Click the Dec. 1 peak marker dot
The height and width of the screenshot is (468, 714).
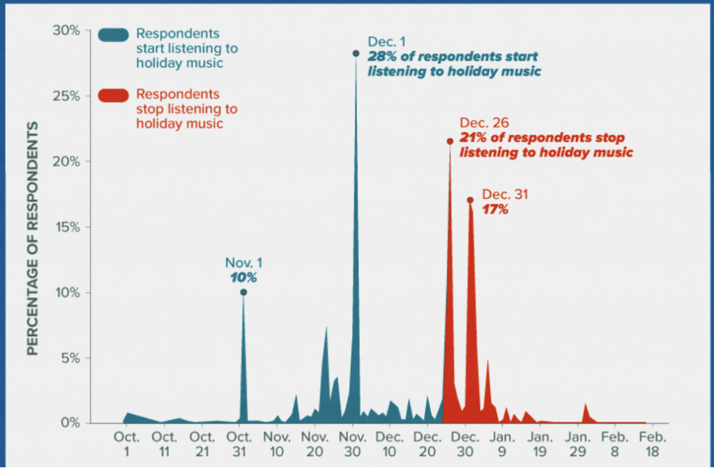click(356, 54)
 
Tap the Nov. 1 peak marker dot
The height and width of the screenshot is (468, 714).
click(243, 292)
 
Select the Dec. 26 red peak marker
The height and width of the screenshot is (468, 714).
click(450, 142)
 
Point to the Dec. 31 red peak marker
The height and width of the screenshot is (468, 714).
click(470, 200)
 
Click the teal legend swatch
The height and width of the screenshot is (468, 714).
click(113, 35)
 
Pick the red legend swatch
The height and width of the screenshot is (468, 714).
click(113, 96)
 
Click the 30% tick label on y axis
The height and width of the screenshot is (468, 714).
click(66, 31)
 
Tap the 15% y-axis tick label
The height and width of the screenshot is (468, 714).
click(66, 227)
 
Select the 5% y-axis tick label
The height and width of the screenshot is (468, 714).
click(69, 358)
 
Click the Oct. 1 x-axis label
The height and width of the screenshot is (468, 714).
click(126, 443)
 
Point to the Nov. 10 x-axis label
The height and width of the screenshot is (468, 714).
click(277, 443)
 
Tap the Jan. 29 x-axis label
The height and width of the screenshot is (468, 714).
click(578, 443)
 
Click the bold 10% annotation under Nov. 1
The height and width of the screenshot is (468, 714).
click(243, 278)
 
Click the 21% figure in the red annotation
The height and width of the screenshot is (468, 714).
click(471, 137)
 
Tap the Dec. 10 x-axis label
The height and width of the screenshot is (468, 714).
click(390, 443)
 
